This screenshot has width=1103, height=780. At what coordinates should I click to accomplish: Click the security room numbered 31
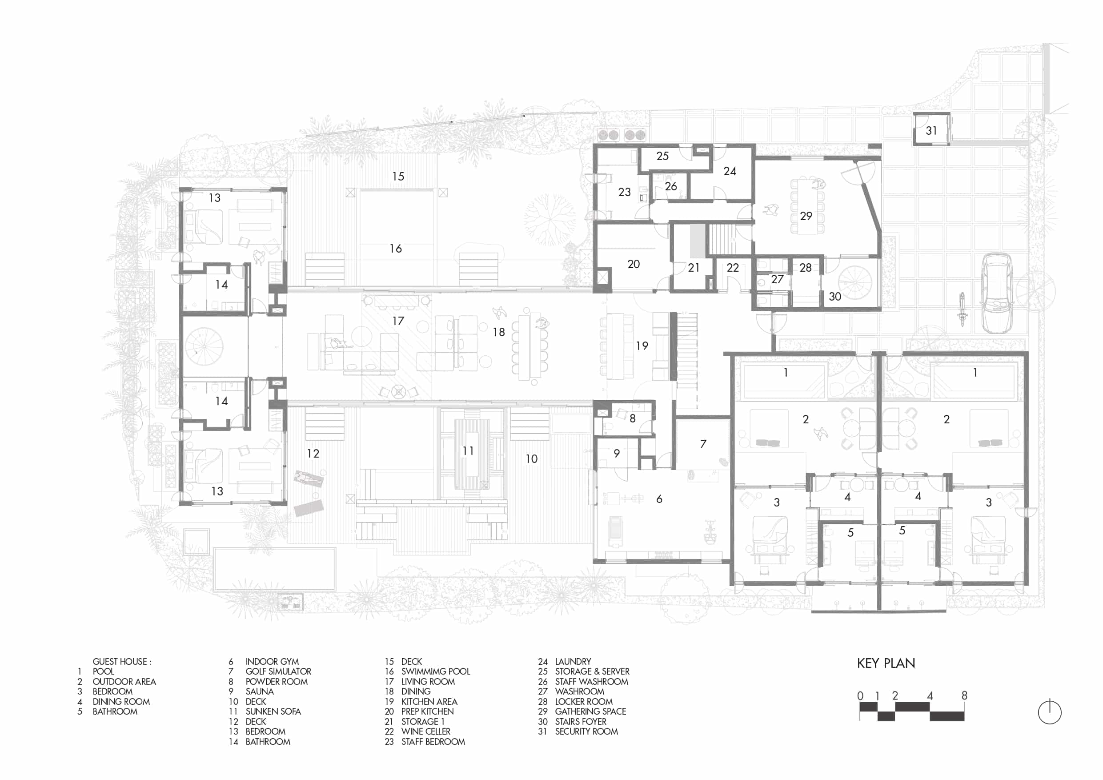point(931,129)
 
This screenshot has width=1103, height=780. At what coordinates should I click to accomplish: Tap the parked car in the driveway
point(997,293)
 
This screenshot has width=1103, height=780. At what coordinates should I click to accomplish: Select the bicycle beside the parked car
point(962,310)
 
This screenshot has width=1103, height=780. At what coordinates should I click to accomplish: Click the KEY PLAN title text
point(886,663)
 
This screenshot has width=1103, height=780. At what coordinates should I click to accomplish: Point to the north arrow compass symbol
point(1049,712)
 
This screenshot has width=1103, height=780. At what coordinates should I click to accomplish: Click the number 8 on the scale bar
point(964,696)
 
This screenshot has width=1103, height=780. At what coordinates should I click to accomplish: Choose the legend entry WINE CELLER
point(425,732)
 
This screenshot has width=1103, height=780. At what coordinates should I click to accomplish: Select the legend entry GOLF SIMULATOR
point(278,671)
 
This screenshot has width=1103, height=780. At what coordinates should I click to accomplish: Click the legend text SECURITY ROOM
point(586,732)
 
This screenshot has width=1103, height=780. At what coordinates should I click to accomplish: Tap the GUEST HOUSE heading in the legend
point(121,662)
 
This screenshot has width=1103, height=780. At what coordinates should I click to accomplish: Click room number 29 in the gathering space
point(806,216)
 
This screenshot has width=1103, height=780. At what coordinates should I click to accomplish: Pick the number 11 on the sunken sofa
point(468,451)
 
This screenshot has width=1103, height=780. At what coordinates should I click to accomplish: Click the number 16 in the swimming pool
point(395,249)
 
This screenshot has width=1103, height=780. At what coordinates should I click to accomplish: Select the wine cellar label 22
point(733,268)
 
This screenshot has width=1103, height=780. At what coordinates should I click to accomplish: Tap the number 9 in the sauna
point(617,453)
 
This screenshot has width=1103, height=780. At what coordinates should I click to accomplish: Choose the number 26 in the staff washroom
point(670,186)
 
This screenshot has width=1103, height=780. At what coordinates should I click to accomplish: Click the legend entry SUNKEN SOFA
point(273,711)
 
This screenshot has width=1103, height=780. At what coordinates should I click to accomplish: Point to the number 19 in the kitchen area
point(642,346)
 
